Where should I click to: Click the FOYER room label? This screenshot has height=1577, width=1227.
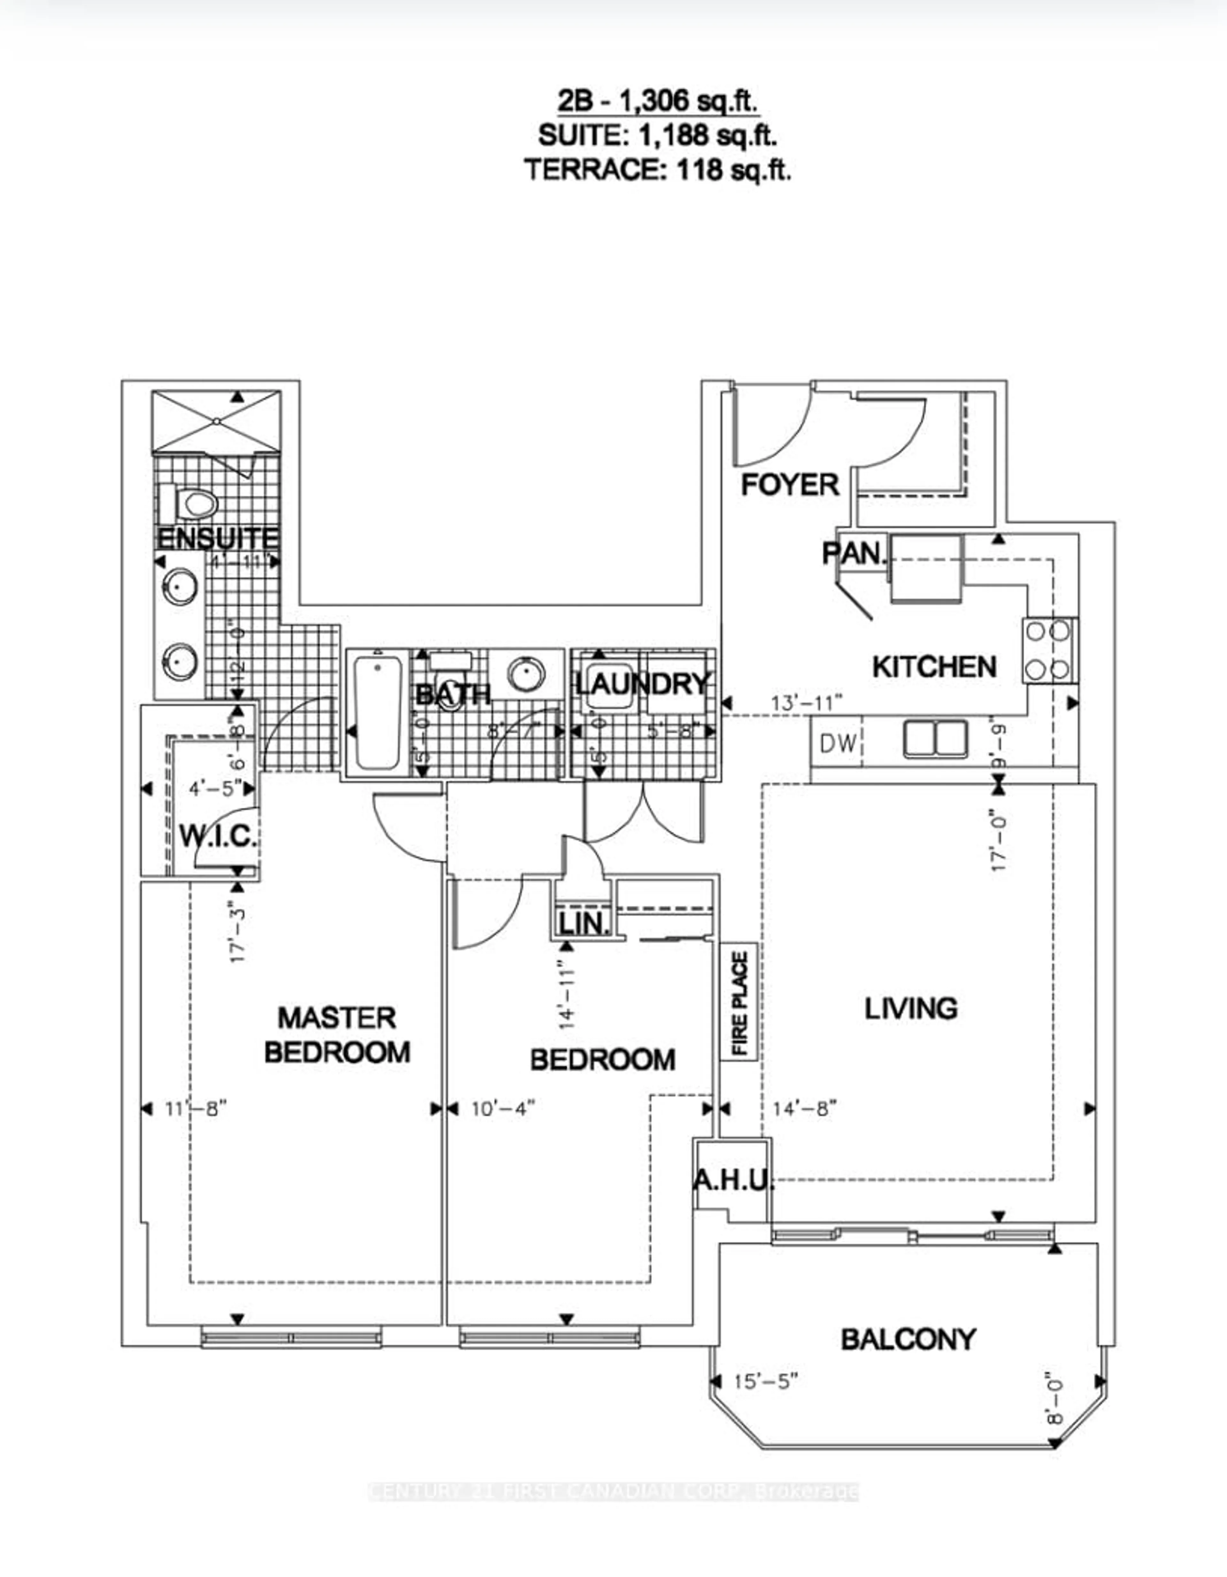(x=790, y=485)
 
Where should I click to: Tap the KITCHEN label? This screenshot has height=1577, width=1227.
(x=934, y=666)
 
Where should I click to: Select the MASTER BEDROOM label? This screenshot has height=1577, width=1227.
(x=337, y=1035)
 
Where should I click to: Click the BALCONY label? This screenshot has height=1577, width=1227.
(x=908, y=1340)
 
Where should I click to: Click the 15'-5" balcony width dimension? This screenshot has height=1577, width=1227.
(x=765, y=1381)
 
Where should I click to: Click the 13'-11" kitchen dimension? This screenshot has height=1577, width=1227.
(x=807, y=702)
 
